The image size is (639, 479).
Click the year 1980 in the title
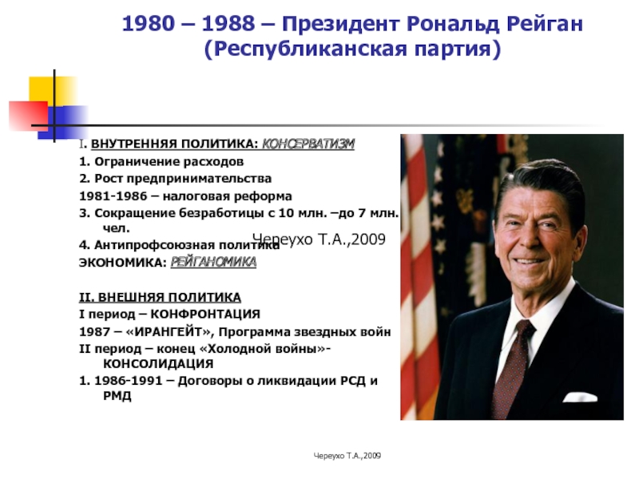click(149, 24)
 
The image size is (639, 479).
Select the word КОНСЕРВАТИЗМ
click(308, 144)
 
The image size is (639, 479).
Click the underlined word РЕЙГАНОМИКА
click(213, 262)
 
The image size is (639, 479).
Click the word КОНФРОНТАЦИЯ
click(205, 314)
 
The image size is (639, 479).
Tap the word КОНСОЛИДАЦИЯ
click(158, 363)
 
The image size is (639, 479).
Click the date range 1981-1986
click(113, 196)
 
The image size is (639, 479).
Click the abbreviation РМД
click(117, 396)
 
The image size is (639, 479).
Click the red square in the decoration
click(29, 116)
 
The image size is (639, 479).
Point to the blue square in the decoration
click(63, 122)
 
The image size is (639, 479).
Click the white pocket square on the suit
click(580, 396)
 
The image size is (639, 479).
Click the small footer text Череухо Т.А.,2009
click(347, 456)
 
